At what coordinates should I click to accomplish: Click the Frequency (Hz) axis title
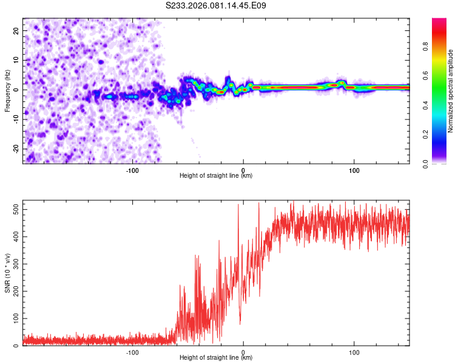click(7, 90)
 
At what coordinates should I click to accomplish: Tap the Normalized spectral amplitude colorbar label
click(450, 90)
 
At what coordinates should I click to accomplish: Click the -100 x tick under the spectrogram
click(133, 169)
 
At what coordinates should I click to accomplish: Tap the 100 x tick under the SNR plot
click(354, 351)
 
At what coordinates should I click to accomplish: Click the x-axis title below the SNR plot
click(216, 358)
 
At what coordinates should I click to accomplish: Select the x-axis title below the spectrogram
click(216, 176)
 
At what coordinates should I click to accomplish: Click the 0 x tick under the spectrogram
click(243, 169)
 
